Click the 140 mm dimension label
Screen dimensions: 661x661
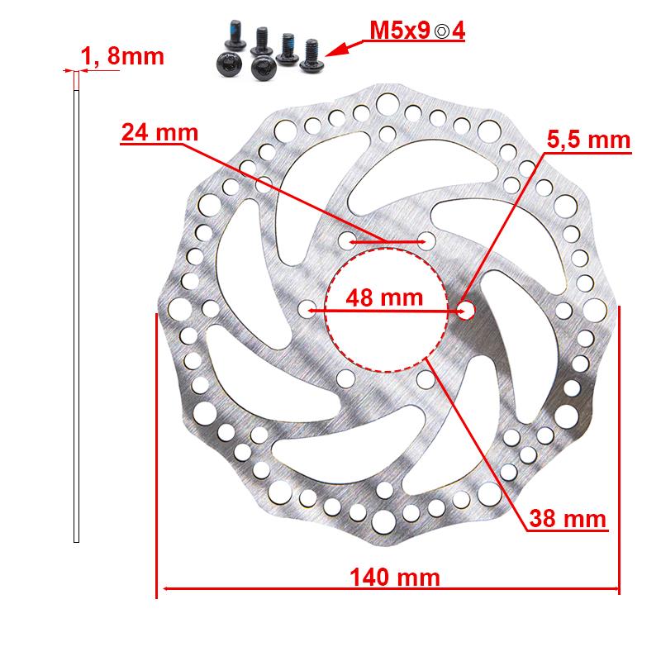[x=393, y=576]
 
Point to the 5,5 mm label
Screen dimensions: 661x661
[x=589, y=140]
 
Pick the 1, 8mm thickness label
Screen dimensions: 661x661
[x=122, y=57]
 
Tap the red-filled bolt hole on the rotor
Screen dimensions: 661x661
[x=465, y=310]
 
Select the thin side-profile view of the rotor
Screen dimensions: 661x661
[x=77, y=314]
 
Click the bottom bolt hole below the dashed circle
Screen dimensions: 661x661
[x=425, y=378]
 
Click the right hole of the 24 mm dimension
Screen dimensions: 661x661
[x=426, y=241]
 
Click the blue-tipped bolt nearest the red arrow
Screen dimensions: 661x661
[x=313, y=51]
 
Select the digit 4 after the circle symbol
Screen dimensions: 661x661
[x=458, y=34]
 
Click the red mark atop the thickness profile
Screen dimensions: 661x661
[x=77, y=80]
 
